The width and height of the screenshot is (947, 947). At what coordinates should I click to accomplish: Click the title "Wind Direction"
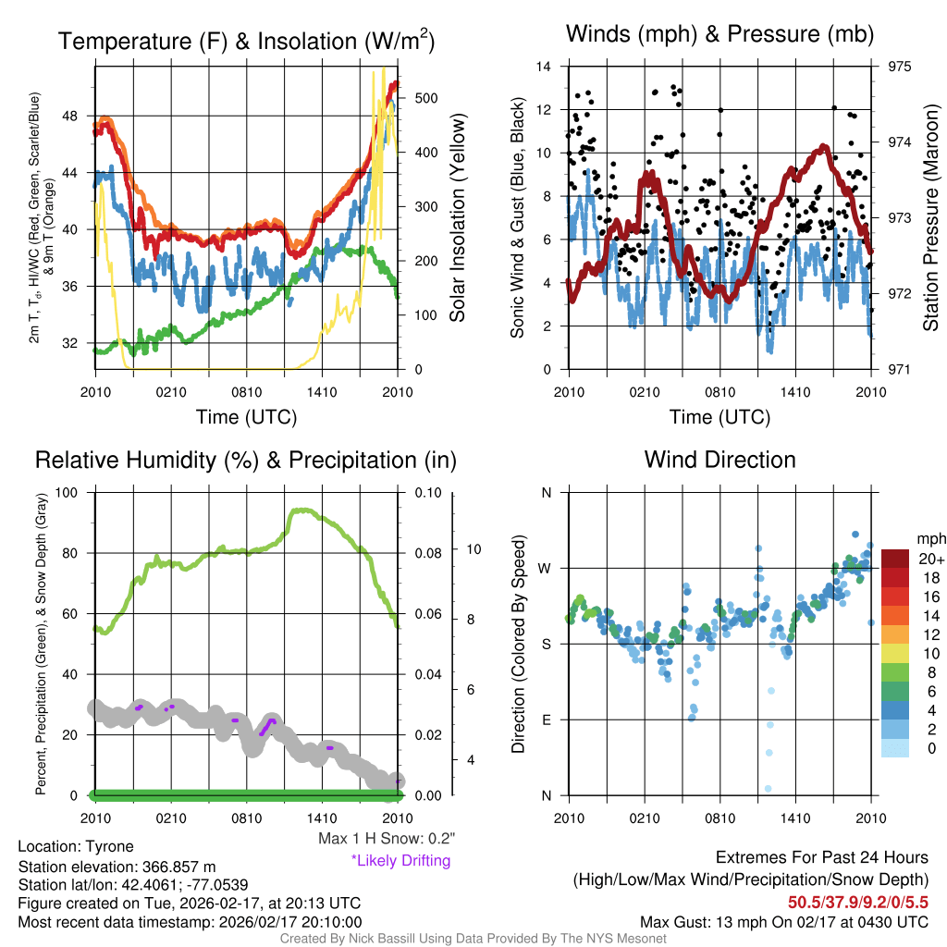coord(719,460)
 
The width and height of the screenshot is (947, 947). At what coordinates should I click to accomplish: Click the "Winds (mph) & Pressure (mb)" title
coord(719,35)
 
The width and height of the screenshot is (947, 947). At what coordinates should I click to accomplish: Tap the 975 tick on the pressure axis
coord(901,67)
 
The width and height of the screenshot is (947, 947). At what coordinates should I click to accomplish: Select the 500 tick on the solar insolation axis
coord(427,98)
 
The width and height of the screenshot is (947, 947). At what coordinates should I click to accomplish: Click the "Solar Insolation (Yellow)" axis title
coord(458,217)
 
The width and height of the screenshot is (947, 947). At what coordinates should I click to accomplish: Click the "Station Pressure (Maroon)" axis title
coord(931,217)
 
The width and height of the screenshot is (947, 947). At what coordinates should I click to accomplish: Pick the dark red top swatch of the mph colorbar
coord(897,559)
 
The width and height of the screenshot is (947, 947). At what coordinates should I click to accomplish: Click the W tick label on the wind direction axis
coord(546,568)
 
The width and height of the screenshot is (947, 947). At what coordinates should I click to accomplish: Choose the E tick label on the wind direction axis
coord(547,719)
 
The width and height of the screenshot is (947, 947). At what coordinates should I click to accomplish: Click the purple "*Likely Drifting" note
coord(400,861)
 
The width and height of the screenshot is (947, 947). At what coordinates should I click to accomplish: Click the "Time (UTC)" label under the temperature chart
coord(246,417)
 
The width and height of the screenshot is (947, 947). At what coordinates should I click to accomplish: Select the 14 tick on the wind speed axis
coord(544,67)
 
